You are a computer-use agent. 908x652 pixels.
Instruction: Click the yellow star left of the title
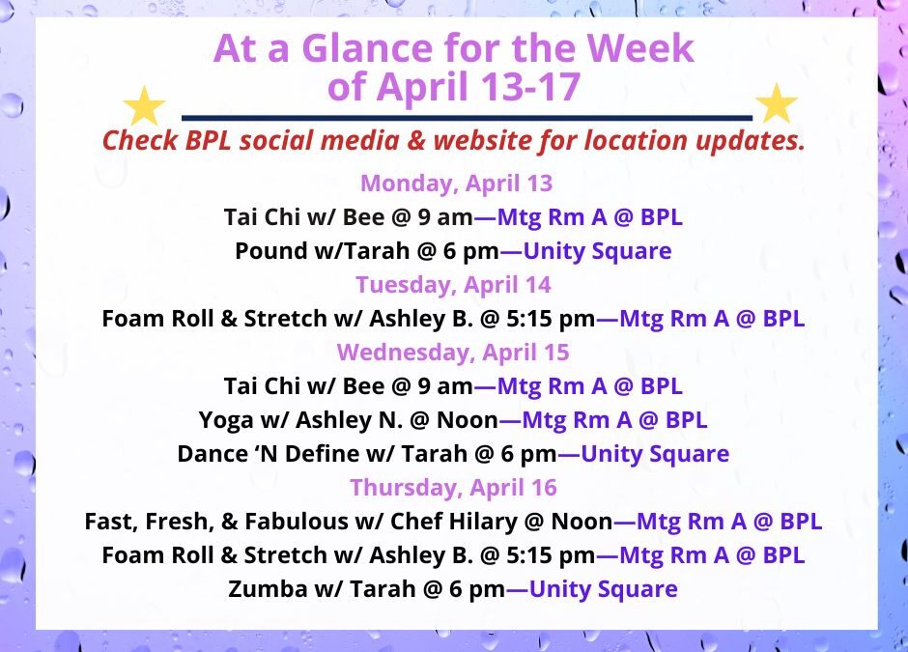pos(146,105)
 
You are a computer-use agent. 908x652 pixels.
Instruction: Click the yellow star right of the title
pos(776,103)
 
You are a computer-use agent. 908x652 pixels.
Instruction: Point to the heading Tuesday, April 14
pos(453,285)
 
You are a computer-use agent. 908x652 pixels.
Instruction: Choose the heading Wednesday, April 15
pos(453,353)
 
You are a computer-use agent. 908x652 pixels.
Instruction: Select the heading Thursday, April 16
pos(453,487)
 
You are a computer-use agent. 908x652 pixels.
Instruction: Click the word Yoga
pos(222,420)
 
